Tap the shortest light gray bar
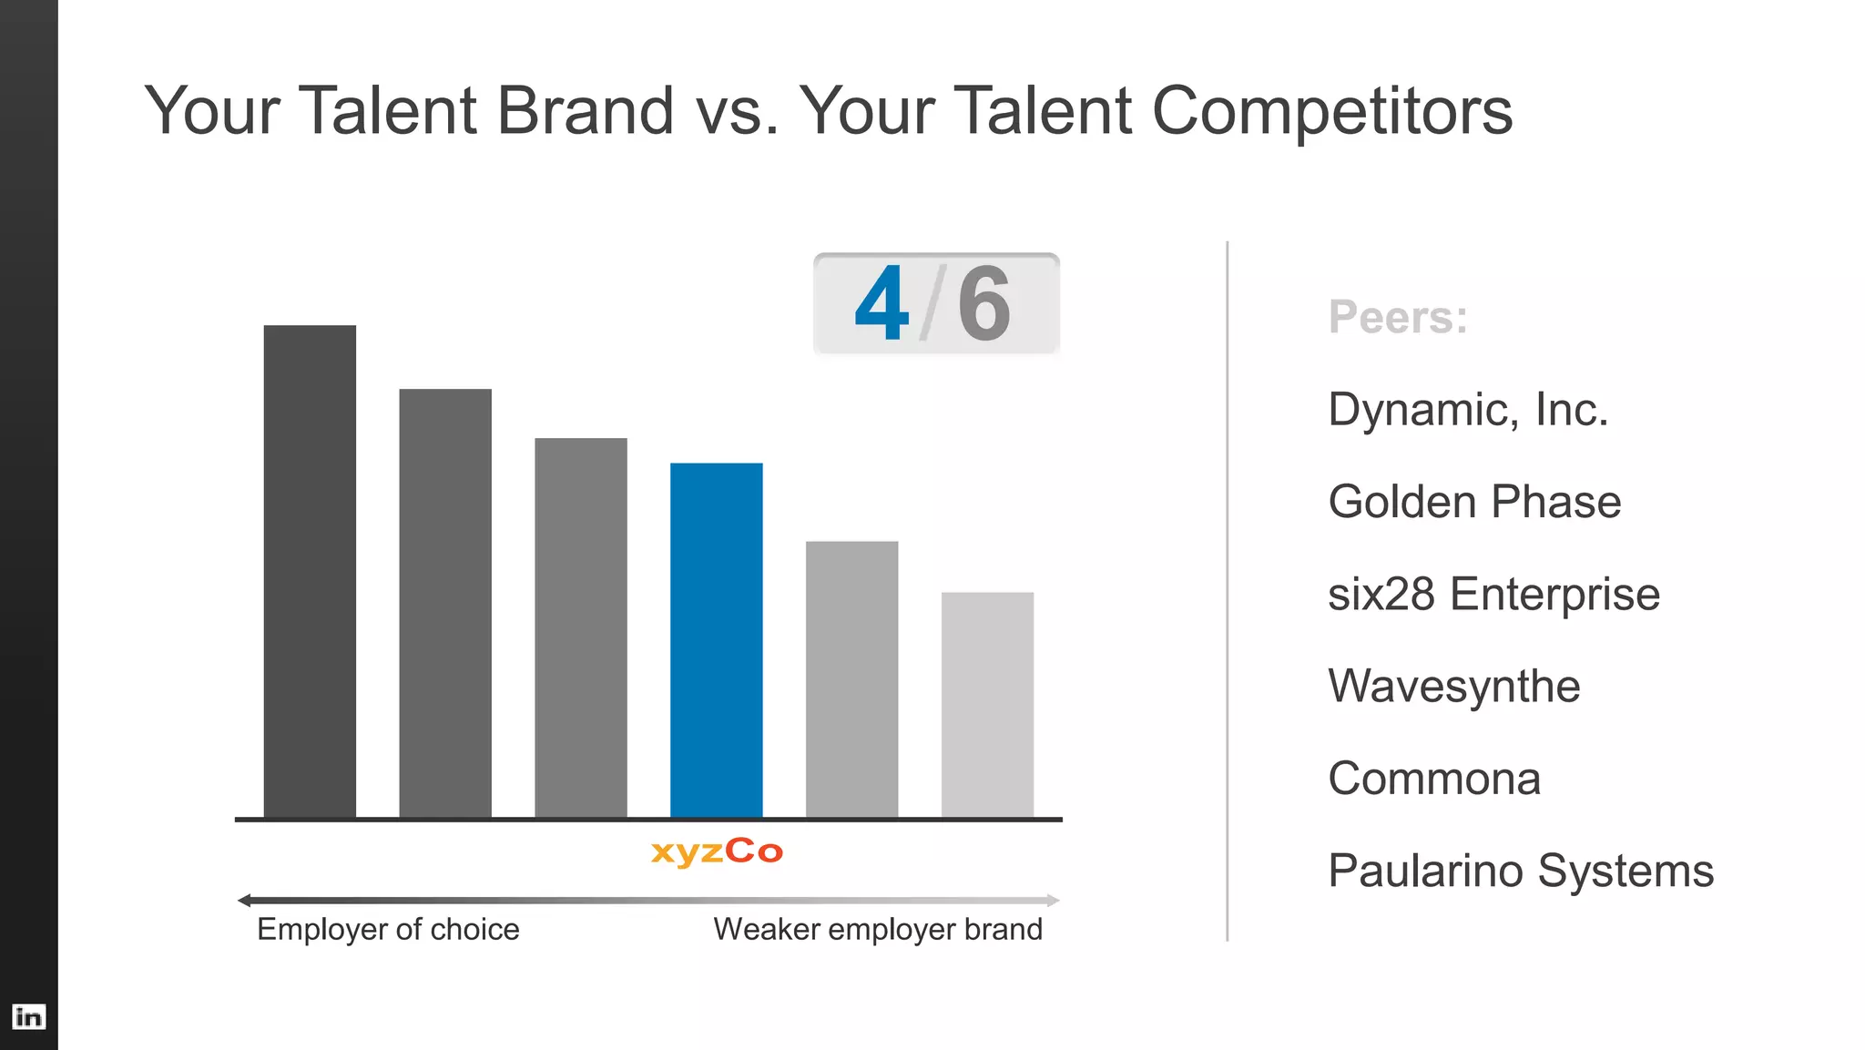[x=987, y=705]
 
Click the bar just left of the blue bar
[x=580, y=627]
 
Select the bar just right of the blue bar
[x=851, y=679]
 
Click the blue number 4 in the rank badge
[x=882, y=304]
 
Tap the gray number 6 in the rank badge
[x=983, y=304]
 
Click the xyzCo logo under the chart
[x=717, y=851]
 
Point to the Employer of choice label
[x=388, y=929]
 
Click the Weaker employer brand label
[x=878, y=929]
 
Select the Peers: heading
[x=1398, y=317]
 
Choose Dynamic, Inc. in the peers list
[x=1468, y=410]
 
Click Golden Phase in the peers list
[x=1474, y=502]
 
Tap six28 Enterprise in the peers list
[x=1493, y=594]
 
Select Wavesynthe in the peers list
[x=1453, y=687]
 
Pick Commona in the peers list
[x=1434, y=779]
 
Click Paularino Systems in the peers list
[x=1521, y=871]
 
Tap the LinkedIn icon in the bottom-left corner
[x=28, y=1016]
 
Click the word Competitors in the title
[x=1331, y=111]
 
